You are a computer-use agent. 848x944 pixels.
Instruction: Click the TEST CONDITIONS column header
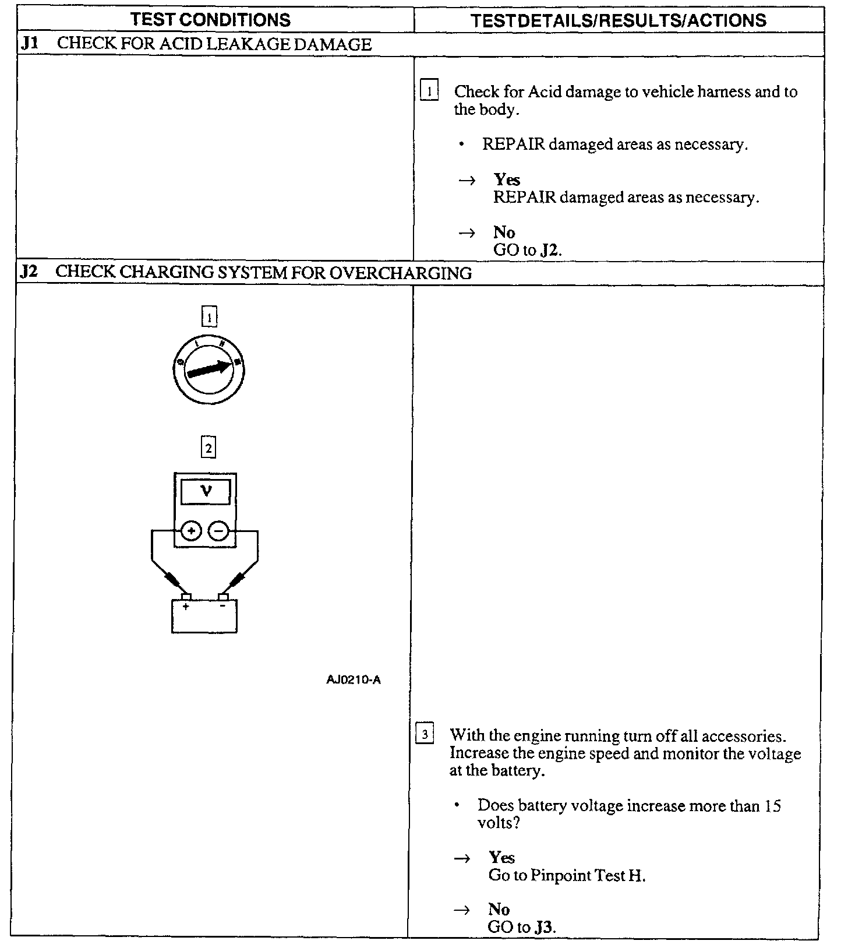210,20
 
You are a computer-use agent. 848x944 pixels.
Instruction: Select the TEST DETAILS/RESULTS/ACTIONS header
619,21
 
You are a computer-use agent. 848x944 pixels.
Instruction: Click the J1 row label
29,44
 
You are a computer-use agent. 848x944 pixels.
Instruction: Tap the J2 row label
29,272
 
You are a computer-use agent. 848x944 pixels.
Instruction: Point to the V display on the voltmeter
206,492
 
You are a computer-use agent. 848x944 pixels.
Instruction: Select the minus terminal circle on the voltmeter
218,531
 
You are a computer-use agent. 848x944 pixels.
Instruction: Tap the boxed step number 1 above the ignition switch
209,317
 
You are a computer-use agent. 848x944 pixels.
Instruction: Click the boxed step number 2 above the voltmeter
208,448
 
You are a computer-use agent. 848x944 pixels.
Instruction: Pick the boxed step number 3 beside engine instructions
425,734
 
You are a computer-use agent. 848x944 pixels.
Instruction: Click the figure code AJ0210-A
354,679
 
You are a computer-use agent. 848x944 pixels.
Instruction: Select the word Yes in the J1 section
506,179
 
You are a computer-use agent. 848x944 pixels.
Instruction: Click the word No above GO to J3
499,909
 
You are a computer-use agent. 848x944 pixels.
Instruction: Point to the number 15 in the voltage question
772,806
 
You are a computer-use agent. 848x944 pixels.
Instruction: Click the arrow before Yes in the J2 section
462,858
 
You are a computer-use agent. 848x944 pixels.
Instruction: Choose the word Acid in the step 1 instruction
545,91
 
